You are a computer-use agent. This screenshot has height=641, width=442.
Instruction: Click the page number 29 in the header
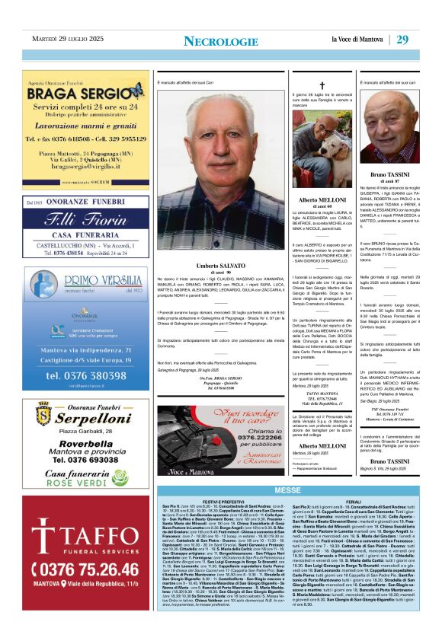tap(402, 39)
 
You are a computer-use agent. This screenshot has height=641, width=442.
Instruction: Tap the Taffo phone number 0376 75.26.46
tap(85, 569)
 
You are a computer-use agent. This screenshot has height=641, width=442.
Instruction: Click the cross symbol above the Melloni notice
tap(322, 85)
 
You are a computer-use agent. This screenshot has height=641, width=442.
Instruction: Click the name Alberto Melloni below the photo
tap(322, 199)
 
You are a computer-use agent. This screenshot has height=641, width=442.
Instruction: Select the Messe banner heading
tap(287, 490)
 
